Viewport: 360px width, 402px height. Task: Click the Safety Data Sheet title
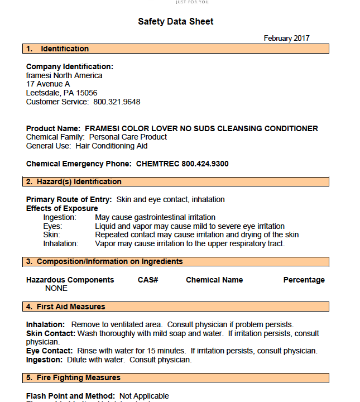176,22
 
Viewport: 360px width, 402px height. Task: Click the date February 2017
286,39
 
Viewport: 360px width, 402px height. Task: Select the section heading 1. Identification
58,49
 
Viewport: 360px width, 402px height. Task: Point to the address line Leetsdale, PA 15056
61,93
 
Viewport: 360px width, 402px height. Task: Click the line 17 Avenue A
48,84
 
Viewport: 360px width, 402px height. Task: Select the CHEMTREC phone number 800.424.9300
205,164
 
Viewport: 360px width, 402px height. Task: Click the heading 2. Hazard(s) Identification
74,181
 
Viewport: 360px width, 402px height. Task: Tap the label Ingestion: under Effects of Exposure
60,217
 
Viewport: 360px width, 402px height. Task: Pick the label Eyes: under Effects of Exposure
52,226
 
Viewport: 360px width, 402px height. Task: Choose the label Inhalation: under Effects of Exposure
61,243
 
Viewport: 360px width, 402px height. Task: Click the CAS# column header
148,280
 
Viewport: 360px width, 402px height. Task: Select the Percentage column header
304,280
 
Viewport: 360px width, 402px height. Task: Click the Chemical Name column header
214,280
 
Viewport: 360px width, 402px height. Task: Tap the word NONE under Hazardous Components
56,289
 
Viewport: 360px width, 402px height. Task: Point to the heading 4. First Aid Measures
66,307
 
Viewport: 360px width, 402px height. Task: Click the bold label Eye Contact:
50,351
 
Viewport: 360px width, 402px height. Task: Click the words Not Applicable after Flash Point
144,396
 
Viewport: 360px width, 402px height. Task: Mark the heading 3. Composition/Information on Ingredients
104,261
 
